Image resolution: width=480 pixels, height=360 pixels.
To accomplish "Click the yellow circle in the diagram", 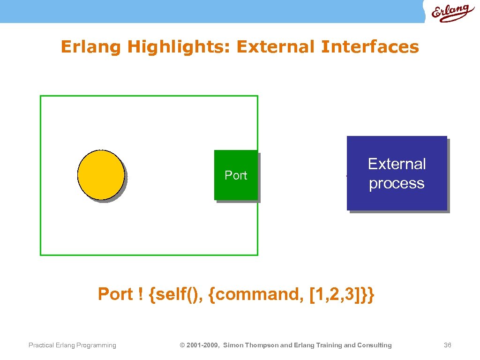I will (x=101, y=174).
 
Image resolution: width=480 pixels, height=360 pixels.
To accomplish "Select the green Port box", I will (x=236, y=175).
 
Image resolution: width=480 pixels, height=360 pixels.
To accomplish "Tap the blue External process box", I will (x=397, y=173).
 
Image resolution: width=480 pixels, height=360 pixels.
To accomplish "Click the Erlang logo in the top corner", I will (x=450, y=13).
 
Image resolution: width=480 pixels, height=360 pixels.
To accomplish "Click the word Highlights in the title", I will (x=180, y=47).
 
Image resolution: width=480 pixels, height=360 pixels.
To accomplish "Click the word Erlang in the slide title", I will (x=91, y=47).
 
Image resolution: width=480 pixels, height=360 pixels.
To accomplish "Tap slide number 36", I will (x=447, y=345).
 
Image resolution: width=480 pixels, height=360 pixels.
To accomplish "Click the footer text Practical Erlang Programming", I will (x=72, y=345).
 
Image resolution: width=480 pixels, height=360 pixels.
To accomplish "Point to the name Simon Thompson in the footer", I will (x=251, y=345).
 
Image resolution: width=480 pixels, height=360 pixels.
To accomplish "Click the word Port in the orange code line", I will (x=115, y=294).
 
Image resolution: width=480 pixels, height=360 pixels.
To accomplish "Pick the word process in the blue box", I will (x=397, y=183).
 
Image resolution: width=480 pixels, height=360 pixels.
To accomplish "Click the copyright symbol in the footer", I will (x=183, y=345).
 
